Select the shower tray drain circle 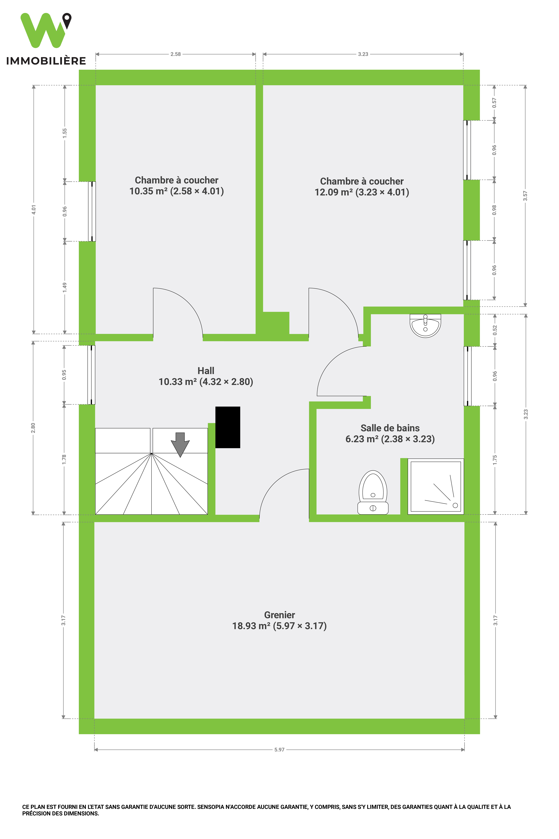[455, 505]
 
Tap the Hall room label [206, 371]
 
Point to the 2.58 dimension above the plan [175, 54]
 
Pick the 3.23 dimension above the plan [363, 54]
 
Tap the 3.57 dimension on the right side [525, 196]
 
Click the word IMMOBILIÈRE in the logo [46, 61]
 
